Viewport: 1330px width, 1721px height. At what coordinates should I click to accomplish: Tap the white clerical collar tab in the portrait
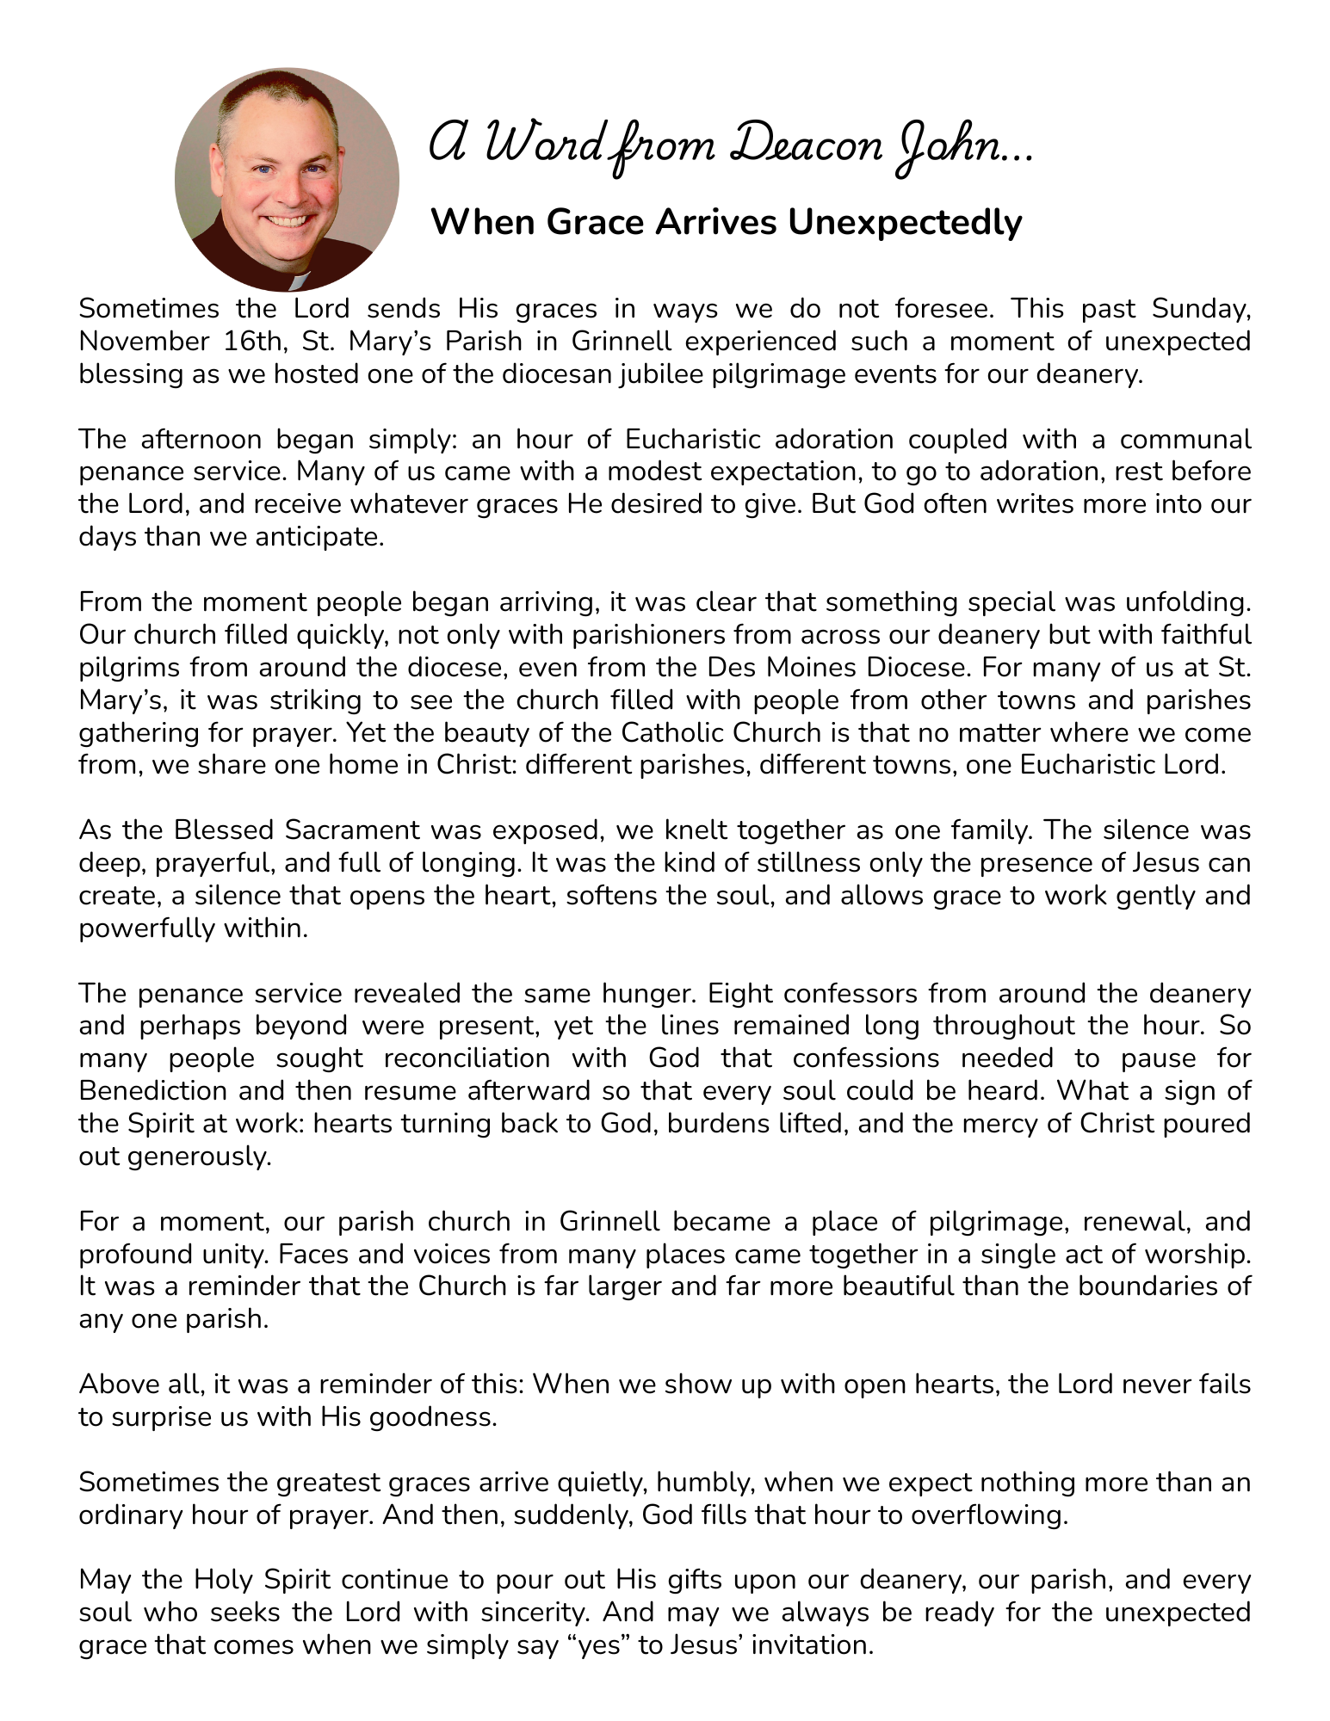pyautogui.click(x=297, y=281)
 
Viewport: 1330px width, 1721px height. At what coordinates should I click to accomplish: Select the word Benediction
pyautogui.click(x=154, y=1091)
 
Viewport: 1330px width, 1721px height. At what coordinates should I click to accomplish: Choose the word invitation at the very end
pyautogui.click(x=813, y=1645)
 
